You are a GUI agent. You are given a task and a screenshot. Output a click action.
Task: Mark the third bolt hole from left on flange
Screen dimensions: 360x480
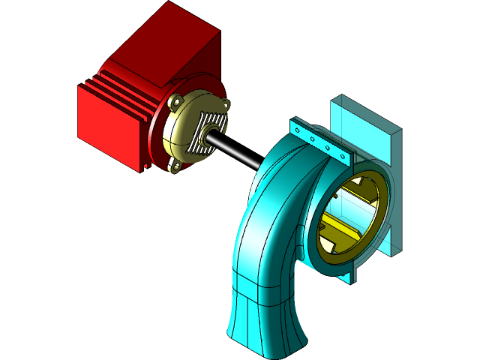tap(328, 147)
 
